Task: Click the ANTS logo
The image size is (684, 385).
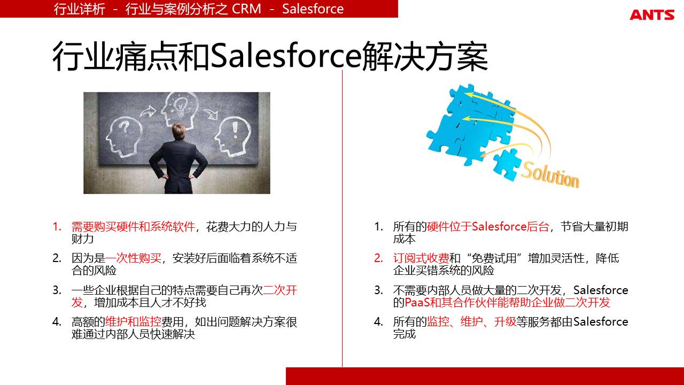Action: [x=652, y=15]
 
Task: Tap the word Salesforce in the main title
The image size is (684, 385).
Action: [x=286, y=56]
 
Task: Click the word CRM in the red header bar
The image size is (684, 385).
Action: [x=246, y=9]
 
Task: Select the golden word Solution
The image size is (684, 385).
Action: [x=550, y=175]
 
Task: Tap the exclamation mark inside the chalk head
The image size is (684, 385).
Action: [x=235, y=130]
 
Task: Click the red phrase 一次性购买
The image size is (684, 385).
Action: [x=133, y=258]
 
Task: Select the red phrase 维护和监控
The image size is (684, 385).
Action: [x=133, y=322]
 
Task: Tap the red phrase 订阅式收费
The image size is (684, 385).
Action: [x=421, y=258]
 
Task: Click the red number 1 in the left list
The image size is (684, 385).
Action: [x=57, y=227]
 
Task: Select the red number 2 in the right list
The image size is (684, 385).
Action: [x=378, y=258]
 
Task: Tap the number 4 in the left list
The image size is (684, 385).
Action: [x=57, y=322]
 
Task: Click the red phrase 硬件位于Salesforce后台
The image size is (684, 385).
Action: [x=488, y=227]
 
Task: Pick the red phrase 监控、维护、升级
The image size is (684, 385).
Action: [x=471, y=322]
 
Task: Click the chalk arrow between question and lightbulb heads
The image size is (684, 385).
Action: [x=148, y=112]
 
